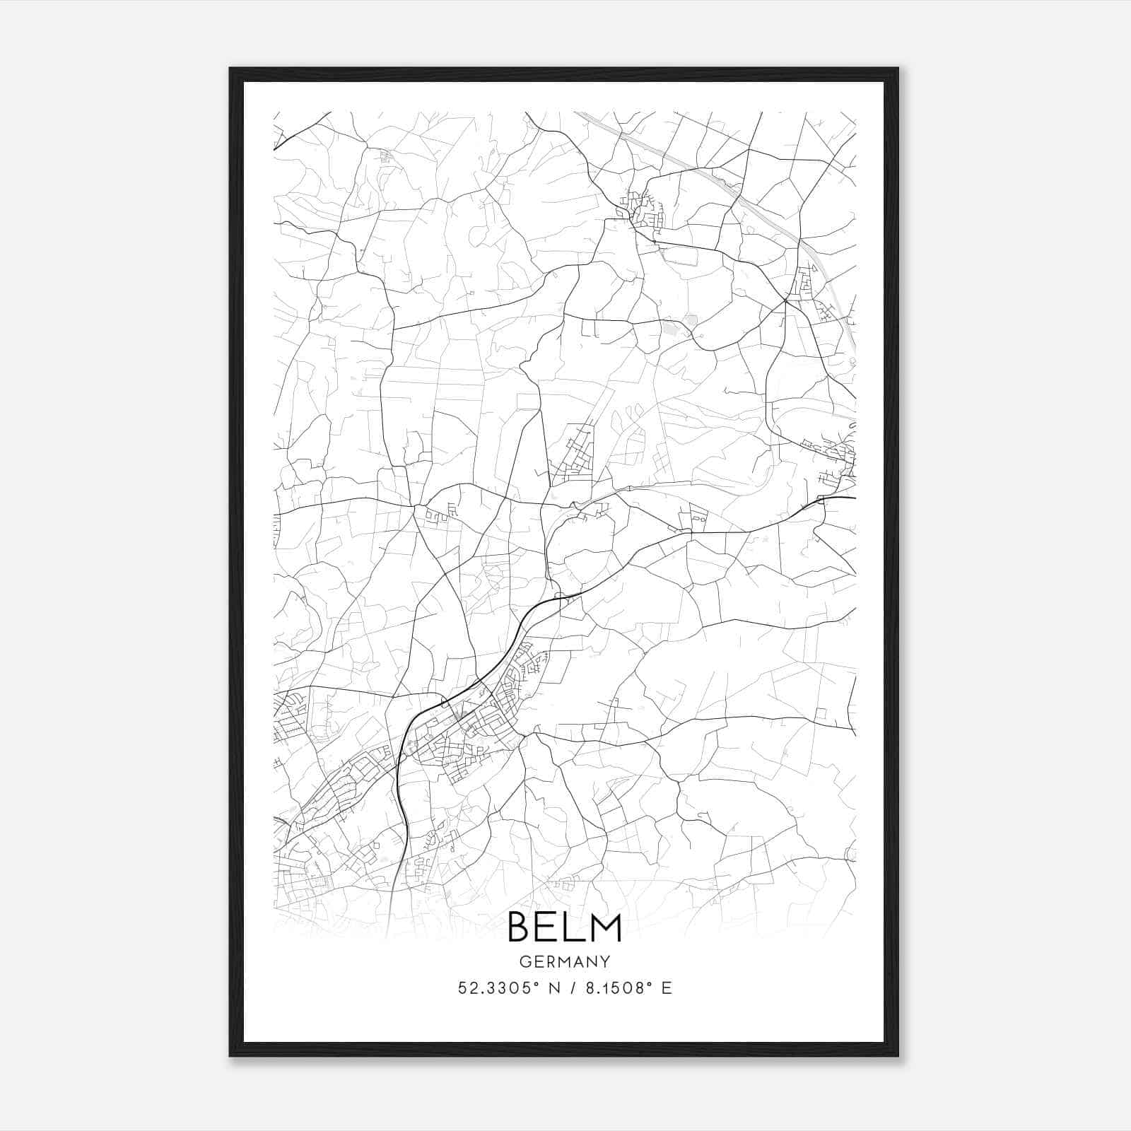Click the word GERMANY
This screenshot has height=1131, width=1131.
coord(565,962)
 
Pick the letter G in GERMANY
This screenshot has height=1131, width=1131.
coord(525,962)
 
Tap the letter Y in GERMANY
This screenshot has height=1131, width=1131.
coord(605,962)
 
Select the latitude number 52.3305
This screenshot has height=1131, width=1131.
coord(489,988)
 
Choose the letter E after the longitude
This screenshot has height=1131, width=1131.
coord(666,988)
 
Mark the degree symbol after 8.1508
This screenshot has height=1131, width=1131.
coord(648,983)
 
